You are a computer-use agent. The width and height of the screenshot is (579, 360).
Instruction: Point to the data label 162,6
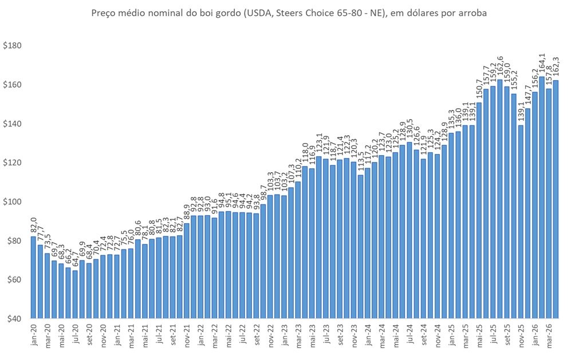[500, 68]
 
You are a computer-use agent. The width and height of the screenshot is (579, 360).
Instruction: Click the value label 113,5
[360, 163]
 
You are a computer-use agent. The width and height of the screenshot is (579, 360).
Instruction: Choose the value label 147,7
[528, 97]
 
